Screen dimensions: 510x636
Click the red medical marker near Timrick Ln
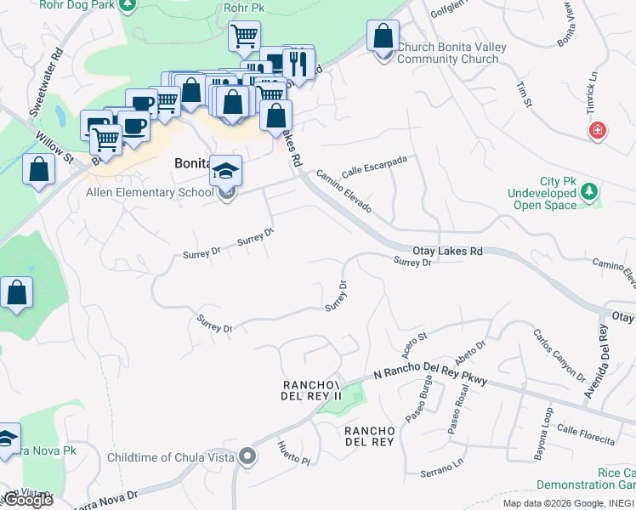pyautogui.click(x=599, y=130)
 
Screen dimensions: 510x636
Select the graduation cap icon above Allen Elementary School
pyautogui.click(x=225, y=171)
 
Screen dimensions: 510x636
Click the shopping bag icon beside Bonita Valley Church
pyautogui.click(x=383, y=37)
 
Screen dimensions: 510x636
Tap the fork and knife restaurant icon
pyautogui.click(x=298, y=62)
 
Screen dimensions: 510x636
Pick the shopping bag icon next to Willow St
pyautogui.click(x=39, y=169)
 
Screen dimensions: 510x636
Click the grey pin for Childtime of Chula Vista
pyautogui.click(x=247, y=457)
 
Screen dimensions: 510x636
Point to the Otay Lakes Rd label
pyautogui.click(x=447, y=251)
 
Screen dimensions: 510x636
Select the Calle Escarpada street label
pyautogui.click(x=374, y=166)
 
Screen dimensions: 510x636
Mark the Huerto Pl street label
pyautogui.click(x=294, y=452)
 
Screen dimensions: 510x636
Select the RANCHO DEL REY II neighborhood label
pyautogui.click(x=311, y=391)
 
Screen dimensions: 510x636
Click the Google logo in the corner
pyautogui.click(x=27, y=500)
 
